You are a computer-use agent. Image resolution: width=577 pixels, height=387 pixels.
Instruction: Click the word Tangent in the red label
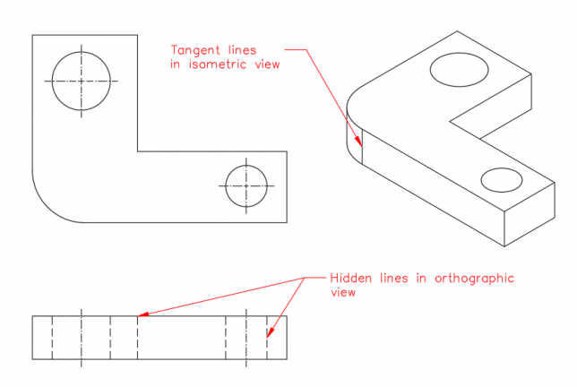pos(195,50)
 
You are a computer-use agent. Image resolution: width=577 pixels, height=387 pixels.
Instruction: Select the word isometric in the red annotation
pos(218,64)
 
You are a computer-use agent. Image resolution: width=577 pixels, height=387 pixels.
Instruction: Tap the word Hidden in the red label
pos(350,278)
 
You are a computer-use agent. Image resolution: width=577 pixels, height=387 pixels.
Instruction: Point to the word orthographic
pos(474,279)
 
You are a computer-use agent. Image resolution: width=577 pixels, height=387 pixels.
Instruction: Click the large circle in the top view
pos(52,81)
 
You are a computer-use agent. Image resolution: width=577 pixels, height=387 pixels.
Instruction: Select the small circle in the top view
pos(226,185)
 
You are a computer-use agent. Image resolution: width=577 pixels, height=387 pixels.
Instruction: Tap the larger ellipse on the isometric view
pos(430,70)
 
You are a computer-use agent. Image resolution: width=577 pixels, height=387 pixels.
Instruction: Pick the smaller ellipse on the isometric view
pos(481,180)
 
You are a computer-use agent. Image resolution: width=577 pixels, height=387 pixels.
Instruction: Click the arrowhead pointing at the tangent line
pos(358,142)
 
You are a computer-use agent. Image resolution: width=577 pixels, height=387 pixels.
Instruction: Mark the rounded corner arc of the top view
pos(47,208)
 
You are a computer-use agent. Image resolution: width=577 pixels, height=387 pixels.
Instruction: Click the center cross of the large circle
pos(82,81)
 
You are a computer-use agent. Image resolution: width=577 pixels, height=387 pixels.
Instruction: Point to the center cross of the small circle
pos(246,185)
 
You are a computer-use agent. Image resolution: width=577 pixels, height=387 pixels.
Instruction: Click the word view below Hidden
pos(343,292)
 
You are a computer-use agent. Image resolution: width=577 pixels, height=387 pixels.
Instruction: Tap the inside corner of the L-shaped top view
pos(138,151)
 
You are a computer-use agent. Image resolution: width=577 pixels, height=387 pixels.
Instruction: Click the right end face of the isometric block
pos(530,214)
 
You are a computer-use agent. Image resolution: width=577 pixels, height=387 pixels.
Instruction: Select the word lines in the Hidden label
pos(393,278)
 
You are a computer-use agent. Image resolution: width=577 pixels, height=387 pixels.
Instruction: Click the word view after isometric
pos(268,64)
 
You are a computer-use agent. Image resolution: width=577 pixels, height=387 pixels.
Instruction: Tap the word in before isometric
pos(176,64)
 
